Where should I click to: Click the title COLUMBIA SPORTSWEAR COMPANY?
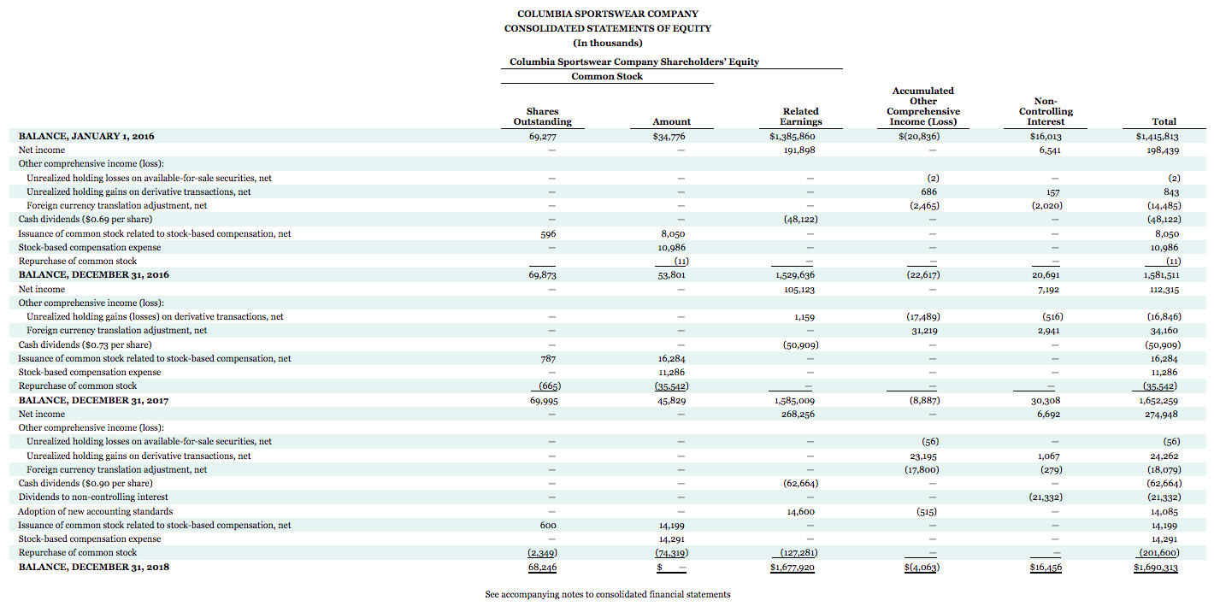pos(607,14)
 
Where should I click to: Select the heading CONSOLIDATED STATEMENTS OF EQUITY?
pos(607,28)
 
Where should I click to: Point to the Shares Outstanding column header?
pos(543,116)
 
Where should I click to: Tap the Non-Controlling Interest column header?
pos(1046,111)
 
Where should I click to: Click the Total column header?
pos(1164,121)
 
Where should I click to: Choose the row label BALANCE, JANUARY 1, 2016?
pos(86,136)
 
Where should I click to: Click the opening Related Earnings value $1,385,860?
pos(793,136)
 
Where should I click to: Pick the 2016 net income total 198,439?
pos(1161,150)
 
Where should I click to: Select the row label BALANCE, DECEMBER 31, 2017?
pos(93,400)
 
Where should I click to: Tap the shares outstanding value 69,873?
pos(543,275)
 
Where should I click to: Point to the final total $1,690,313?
pos(1156,567)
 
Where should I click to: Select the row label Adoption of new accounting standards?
pos(96,511)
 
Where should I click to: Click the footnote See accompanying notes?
pos(607,594)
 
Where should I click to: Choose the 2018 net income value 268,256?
pos(797,414)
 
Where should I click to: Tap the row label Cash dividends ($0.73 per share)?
pos(85,344)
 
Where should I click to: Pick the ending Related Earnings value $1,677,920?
pos(792,567)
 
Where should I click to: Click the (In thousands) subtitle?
pos(607,43)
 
